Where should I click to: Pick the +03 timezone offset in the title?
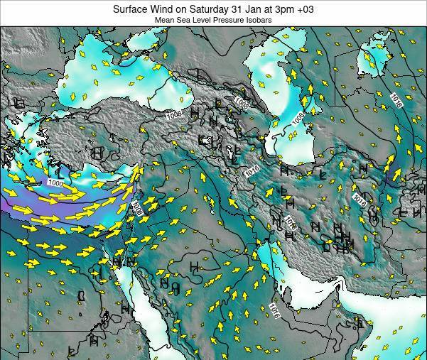pos(305,9)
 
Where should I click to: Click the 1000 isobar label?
pos(56,183)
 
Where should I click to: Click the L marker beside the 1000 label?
pos(58,171)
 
